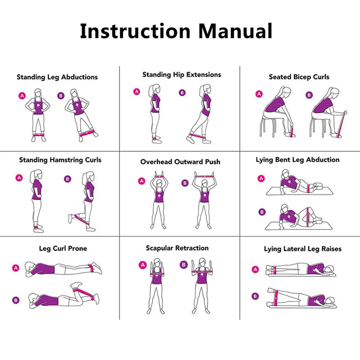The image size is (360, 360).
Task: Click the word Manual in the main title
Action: (x=235, y=31)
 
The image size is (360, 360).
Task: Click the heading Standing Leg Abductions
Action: (x=57, y=77)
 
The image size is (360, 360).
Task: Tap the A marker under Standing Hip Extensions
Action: (x=137, y=91)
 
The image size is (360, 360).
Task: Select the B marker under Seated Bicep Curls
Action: (x=309, y=95)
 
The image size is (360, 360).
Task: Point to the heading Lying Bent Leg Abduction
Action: (x=297, y=160)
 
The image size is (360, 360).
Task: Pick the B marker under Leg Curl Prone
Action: (x=16, y=300)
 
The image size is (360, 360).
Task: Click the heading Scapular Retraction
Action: (x=177, y=248)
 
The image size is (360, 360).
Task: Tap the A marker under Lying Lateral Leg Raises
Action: (x=255, y=269)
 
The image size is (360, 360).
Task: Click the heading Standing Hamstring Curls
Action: (x=60, y=160)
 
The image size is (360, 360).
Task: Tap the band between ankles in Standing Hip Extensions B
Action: (x=196, y=135)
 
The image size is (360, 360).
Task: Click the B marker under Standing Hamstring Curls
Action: (x=67, y=179)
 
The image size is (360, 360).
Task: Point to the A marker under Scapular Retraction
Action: (x=143, y=265)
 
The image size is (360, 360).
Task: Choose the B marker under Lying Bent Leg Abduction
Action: (x=261, y=212)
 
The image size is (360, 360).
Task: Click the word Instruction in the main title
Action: (x=135, y=31)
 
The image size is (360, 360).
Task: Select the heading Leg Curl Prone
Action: (x=63, y=248)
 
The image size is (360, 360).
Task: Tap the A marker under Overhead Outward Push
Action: (x=142, y=181)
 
